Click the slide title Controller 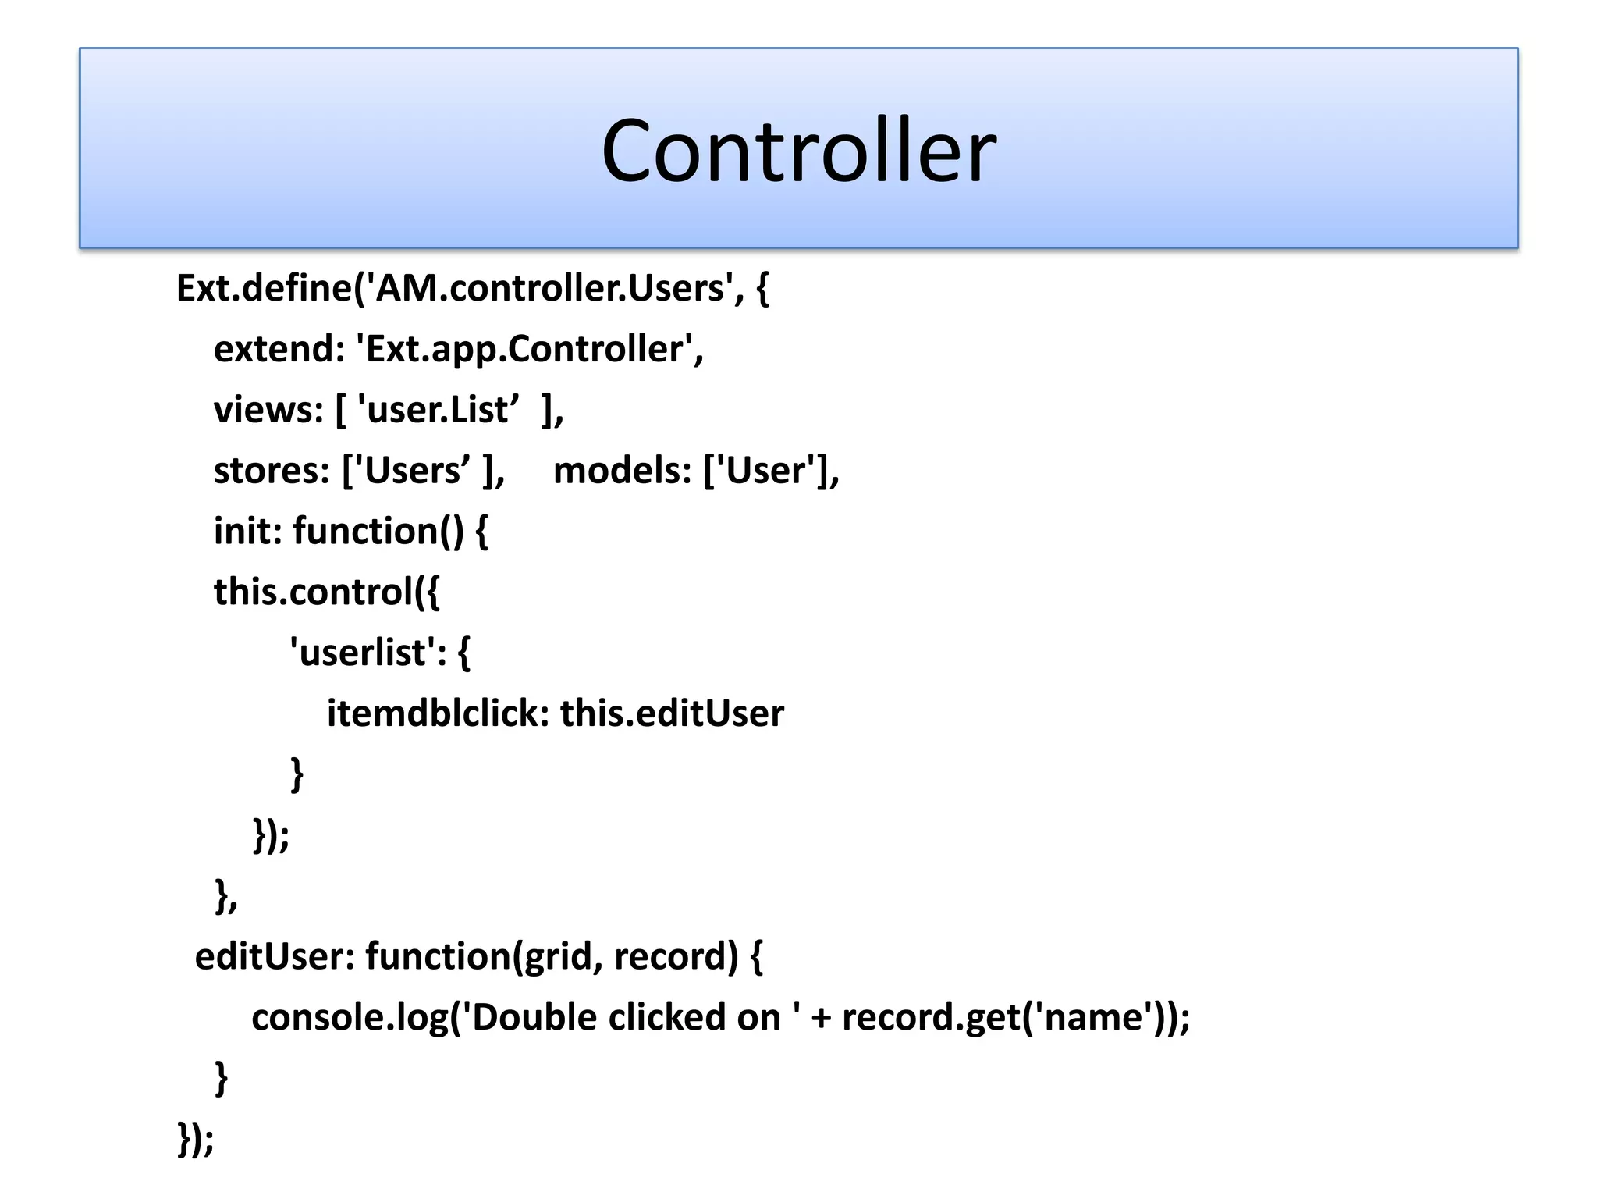coord(798,151)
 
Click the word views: coord(268,410)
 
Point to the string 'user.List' coord(438,410)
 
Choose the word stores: coord(272,471)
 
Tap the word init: coord(247,532)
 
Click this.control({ coord(327,592)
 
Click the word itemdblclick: coord(438,713)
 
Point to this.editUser coord(672,713)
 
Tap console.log coord(350,1018)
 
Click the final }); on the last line coord(196,1139)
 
